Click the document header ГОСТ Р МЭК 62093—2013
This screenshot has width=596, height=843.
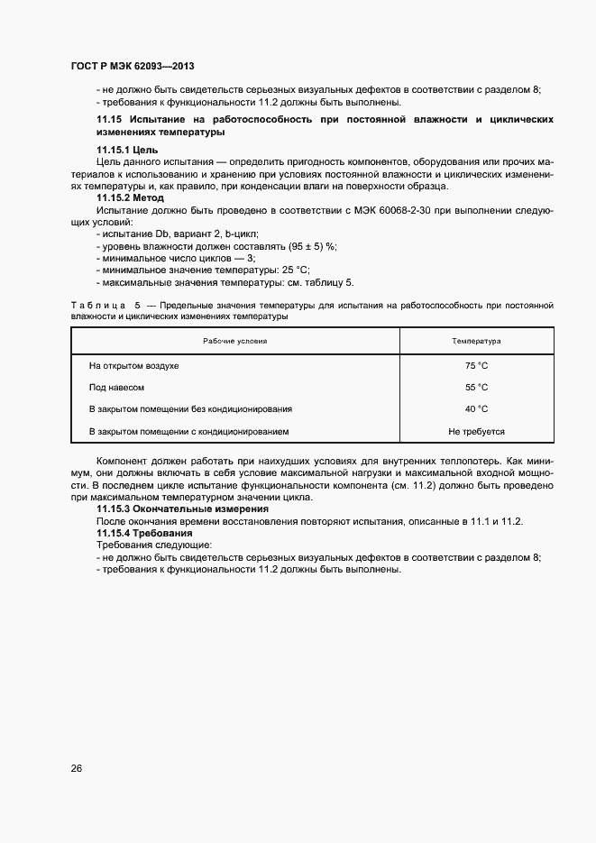(133, 68)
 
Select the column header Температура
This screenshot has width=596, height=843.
(476, 342)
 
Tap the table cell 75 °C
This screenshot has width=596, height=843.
(476, 366)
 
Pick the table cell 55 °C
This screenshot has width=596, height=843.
(476, 388)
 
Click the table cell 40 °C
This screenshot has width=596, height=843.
(476, 409)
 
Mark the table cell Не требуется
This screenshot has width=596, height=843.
(476, 432)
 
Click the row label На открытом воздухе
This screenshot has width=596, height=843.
(133, 366)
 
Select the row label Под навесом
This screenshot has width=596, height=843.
(116, 388)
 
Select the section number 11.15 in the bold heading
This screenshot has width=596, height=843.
(108, 119)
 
